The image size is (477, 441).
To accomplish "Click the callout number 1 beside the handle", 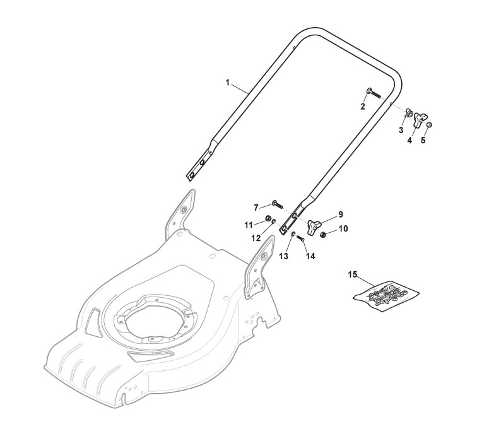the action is click(227, 83).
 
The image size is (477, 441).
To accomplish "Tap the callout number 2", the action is click(363, 107).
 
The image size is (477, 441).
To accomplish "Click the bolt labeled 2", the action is click(373, 95).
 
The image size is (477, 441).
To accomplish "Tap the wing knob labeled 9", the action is click(315, 225).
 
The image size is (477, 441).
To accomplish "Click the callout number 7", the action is click(256, 207).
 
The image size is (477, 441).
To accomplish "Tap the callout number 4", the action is click(409, 141).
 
